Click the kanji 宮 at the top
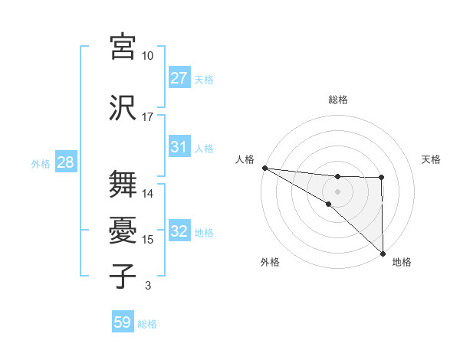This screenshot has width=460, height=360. click(123, 47)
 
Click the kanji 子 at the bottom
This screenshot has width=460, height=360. click(123, 276)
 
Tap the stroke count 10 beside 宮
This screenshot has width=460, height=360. click(147, 56)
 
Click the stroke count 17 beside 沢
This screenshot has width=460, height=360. click(147, 117)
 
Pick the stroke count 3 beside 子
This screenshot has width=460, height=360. click(147, 286)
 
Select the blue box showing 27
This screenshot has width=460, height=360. click(179, 78)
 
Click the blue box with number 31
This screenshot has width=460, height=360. click(179, 147)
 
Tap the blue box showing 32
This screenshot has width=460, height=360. click(179, 231)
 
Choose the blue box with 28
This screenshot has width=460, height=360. click(65, 162)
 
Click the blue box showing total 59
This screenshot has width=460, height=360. click(123, 323)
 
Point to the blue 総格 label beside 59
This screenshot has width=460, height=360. click(147, 324)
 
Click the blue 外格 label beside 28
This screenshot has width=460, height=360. click(41, 163)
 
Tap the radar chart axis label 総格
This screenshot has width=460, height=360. click(338, 100)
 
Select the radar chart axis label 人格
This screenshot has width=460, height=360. click(245, 159)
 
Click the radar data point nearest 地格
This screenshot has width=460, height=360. click(382, 253)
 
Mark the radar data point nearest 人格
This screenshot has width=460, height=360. click(264, 167)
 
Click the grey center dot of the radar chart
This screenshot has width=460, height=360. click(338, 191)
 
